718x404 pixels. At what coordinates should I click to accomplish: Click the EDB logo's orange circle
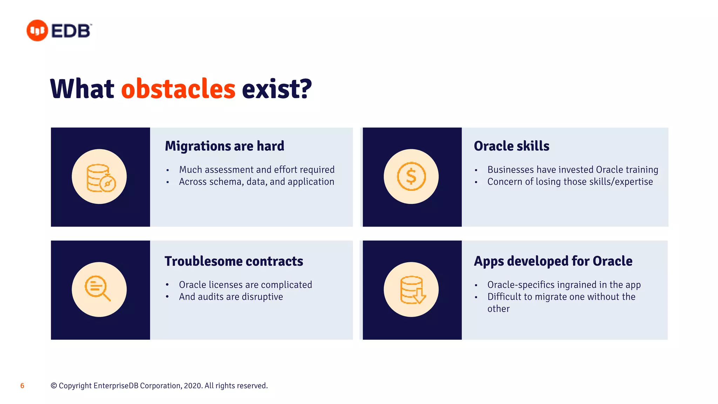tap(37, 31)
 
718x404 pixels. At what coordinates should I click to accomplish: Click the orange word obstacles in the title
tap(178, 89)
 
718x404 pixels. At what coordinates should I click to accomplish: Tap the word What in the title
tap(82, 89)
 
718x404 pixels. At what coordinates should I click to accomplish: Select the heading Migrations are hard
tap(224, 146)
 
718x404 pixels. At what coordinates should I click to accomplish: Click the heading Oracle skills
tap(511, 146)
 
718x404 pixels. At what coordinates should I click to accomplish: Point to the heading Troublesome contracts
tap(233, 261)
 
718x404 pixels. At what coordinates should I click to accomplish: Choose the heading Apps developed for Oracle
tap(553, 261)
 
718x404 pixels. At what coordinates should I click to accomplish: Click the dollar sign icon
tap(411, 176)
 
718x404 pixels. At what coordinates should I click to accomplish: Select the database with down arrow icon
tap(413, 290)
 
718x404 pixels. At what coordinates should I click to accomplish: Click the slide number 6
tap(22, 386)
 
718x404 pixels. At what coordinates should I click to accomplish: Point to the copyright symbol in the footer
tap(54, 386)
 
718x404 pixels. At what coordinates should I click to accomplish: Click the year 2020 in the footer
tap(192, 386)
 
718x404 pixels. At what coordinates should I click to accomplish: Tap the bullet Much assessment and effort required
tap(257, 170)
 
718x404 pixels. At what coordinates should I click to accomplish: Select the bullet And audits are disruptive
tap(231, 297)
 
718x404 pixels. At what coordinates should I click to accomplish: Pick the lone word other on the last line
tap(498, 309)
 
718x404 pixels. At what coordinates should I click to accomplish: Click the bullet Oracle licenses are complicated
tap(245, 285)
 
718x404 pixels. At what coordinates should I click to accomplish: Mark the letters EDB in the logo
tap(71, 31)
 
